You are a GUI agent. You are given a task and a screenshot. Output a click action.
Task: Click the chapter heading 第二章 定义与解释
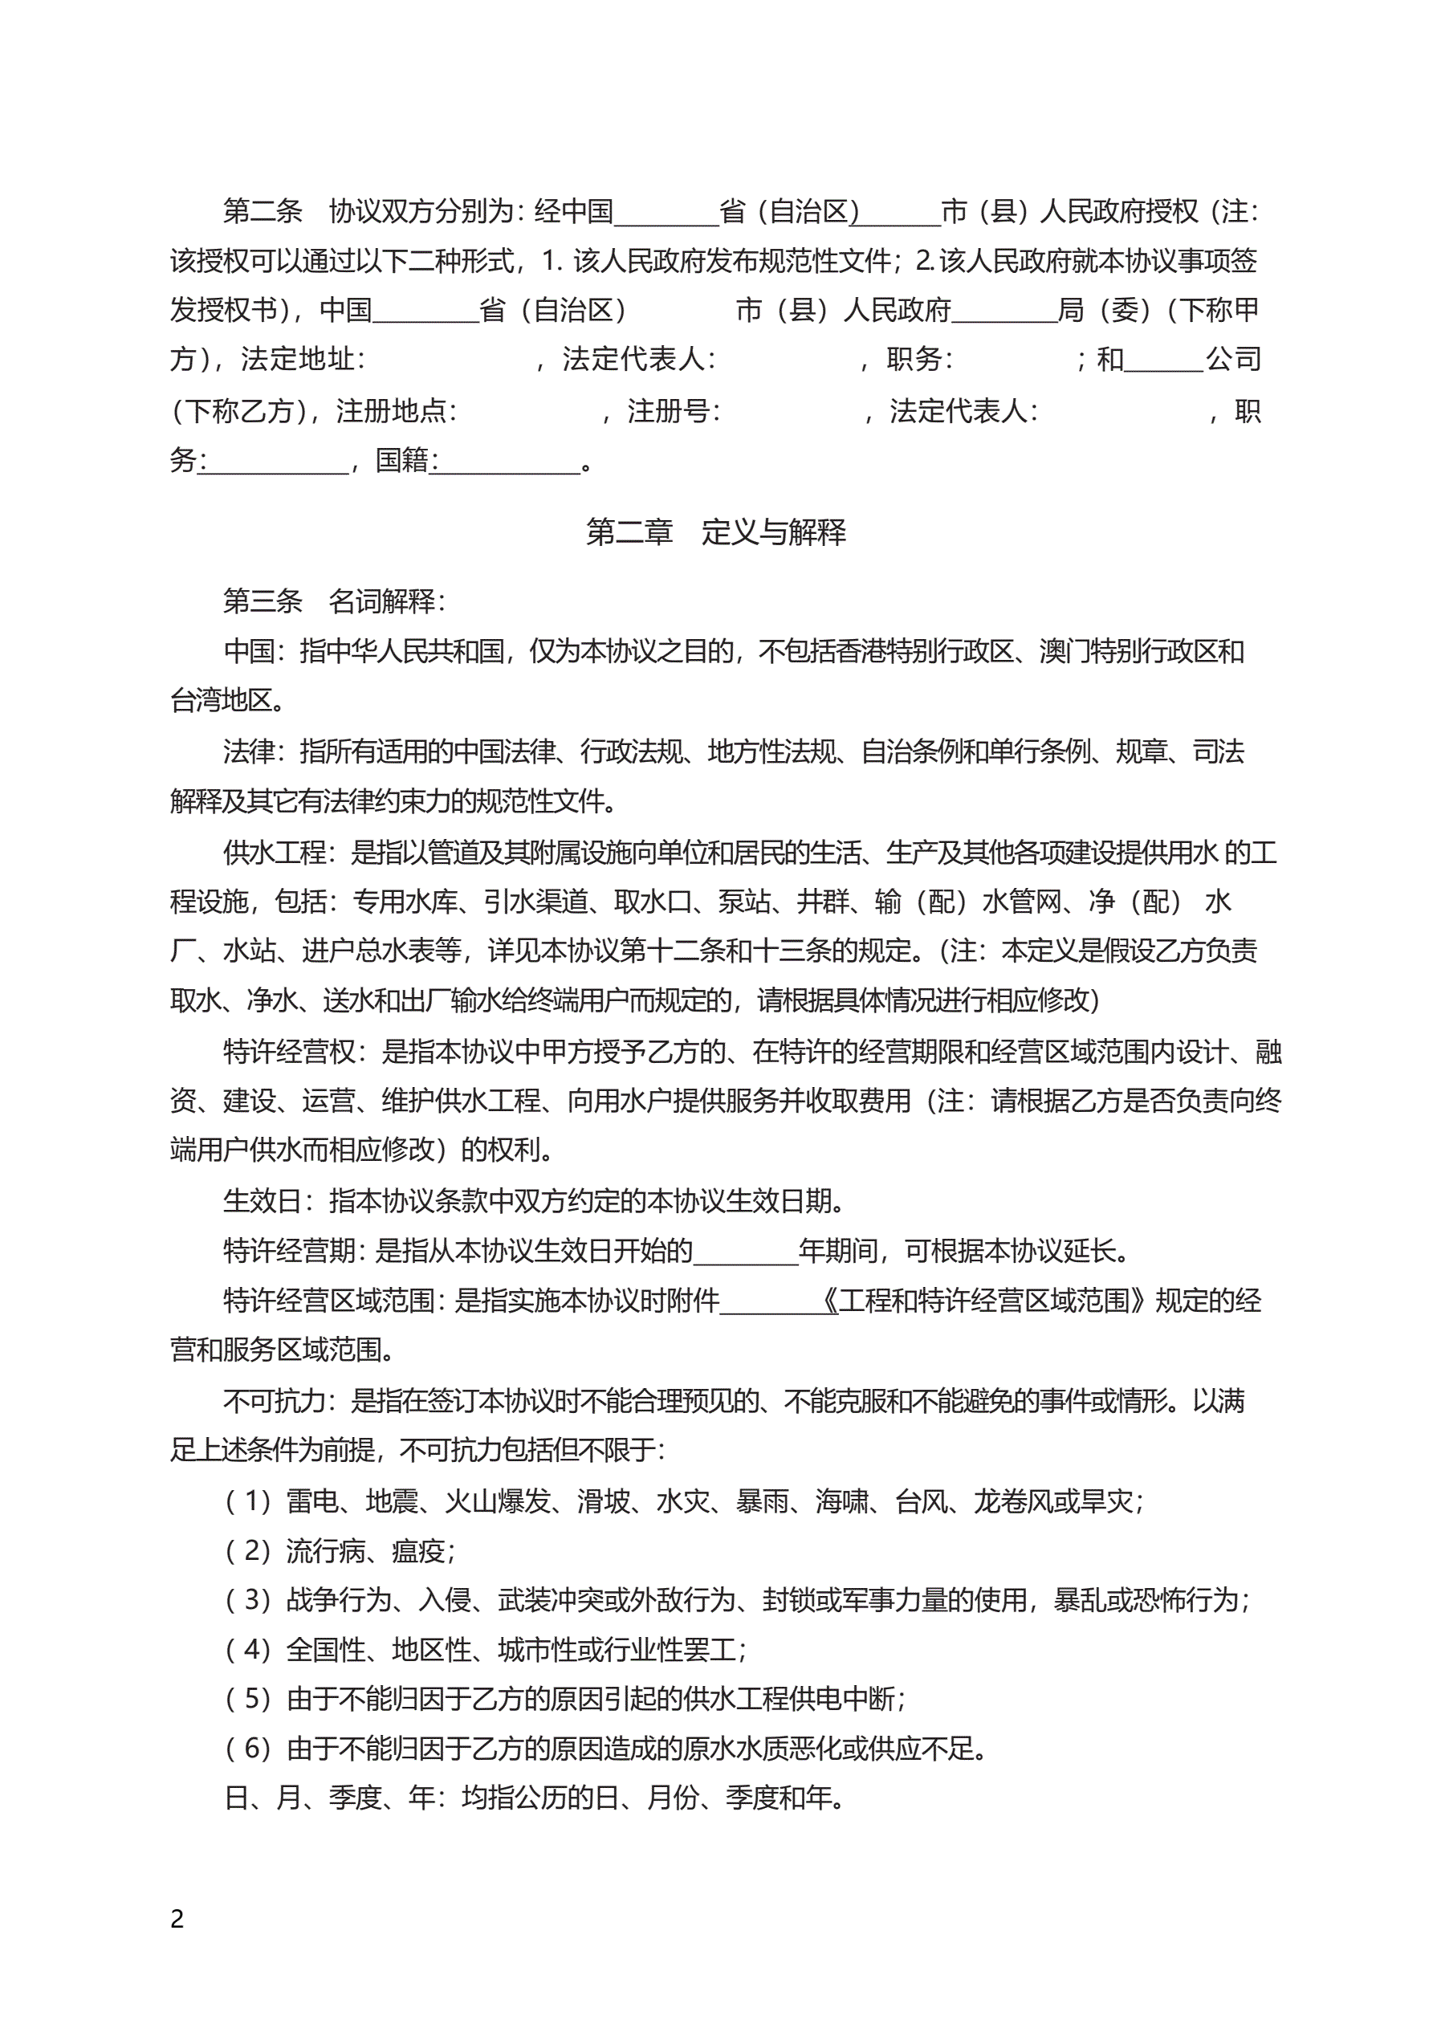[715, 531]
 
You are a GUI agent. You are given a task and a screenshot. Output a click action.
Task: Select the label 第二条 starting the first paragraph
[263, 211]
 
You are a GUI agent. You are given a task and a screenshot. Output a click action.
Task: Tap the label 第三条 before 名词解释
[263, 601]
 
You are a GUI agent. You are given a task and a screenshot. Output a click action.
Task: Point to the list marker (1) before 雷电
[248, 1501]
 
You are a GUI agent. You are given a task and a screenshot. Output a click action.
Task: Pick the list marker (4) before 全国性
[248, 1649]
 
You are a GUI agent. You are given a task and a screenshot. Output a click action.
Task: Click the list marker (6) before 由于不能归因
[248, 1748]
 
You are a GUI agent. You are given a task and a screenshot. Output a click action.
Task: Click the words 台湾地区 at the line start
[222, 700]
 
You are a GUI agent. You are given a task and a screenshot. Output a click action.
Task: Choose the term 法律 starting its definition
[249, 751]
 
